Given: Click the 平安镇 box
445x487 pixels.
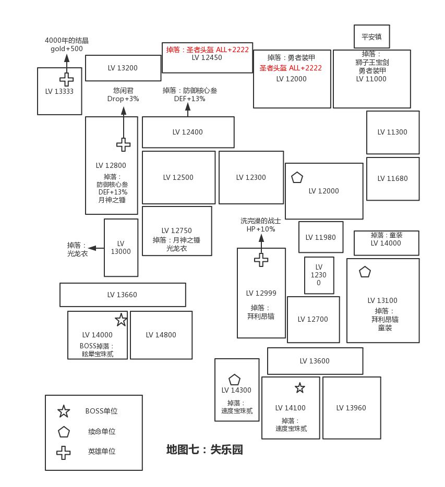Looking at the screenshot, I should [x=371, y=37].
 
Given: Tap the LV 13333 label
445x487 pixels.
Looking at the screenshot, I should [x=59, y=91].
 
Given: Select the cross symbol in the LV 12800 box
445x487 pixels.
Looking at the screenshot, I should [x=124, y=144].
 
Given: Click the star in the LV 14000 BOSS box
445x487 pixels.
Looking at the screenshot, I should [x=121, y=320].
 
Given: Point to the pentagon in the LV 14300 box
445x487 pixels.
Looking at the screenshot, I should [x=234, y=380].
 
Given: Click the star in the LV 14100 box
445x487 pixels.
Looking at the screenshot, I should [x=299, y=388].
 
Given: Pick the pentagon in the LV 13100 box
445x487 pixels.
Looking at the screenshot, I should [x=365, y=272].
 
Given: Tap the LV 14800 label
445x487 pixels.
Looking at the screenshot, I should [x=161, y=335].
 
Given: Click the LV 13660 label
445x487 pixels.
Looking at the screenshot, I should [x=122, y=295].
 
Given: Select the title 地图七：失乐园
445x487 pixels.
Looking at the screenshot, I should [x=205, y=449].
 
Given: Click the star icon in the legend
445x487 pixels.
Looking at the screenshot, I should [x=64, y=411].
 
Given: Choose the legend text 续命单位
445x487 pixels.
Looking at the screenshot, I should [x=102, y=432].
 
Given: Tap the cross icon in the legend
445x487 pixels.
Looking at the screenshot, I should [x=64, y=452].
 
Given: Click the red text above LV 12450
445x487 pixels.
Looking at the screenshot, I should [x=207, y=50].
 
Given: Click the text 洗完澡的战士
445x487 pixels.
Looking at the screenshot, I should [x=260, y=221].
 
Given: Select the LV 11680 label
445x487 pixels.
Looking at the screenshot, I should [x=392, y=178].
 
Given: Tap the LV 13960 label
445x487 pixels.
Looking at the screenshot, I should [x=351, y=408].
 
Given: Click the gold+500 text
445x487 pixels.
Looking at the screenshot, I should [x=66, y=49].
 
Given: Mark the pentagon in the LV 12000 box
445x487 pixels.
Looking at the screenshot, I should [x=297, y=177].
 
